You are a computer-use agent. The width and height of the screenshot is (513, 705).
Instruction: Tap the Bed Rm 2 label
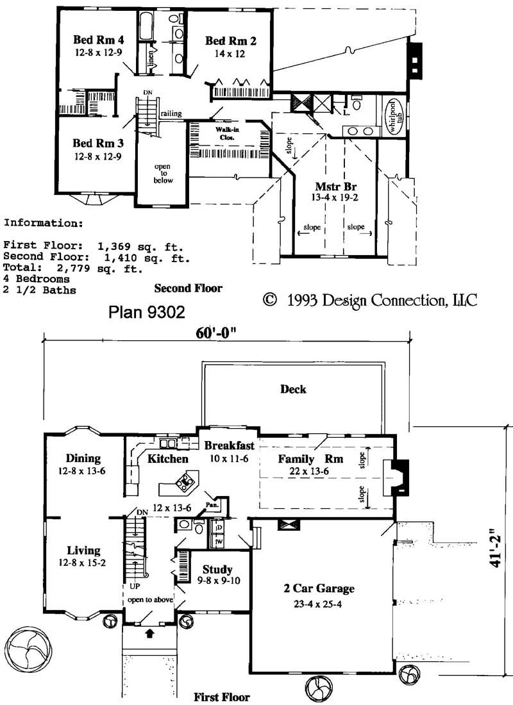pyautogui.click(x=231, y=42)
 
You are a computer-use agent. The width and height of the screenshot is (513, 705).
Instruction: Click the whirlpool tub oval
pyautogui.click(x=392, y=116)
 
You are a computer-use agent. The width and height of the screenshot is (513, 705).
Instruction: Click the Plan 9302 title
pyautogui.click(x=147, y=312)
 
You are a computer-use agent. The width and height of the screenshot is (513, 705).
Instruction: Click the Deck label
pyautogui.click(x=293, y=389)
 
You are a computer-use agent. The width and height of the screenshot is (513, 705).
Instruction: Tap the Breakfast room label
pyautogui.click(x=229, y=445)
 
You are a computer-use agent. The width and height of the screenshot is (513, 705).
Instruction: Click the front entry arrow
pyautogui.click(x=151, y=633)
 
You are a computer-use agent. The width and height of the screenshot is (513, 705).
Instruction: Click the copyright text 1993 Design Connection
pyautogui.click(x=371, y=300)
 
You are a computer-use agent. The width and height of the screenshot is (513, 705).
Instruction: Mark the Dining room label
pyautogui.click(x=83, y=458)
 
